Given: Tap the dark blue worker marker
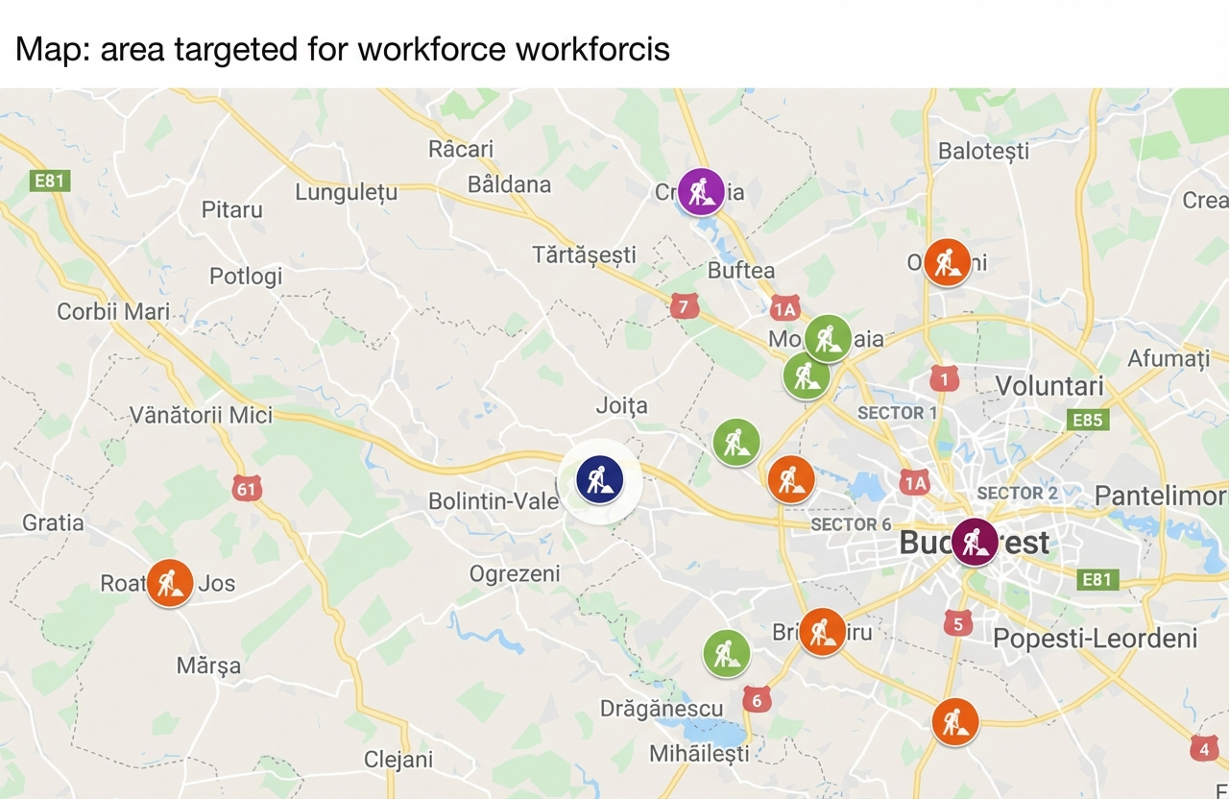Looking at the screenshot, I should pyautogui.click(x=600, y=478).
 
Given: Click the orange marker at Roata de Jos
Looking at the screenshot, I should pyautogui.click(x=170, y=583).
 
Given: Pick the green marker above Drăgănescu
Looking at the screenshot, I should pyautogui.click(x=727, y=653).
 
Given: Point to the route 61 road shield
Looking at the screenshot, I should pyautogui.click(x=247, y=488).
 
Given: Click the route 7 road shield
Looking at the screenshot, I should pyautogui.click(x=684, y=307).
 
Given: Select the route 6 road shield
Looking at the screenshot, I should pyautogui.click(x=757, y=700).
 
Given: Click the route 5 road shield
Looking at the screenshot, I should pyautogui.click(x=956, y=624).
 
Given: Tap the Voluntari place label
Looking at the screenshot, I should pyautogui.click(x=1049, y=386).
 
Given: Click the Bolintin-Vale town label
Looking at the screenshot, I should pyautogui.click(x=493, y=501).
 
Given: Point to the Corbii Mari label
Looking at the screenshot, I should pyautogui.click(x=113, y=312).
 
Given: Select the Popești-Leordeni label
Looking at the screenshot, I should pyautogui.click(x=1095, y=639).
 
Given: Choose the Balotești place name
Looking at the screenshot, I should pyautogui.click(x=983, y=151).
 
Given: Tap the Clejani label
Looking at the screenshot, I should pyautogui.click(x=398, y=760).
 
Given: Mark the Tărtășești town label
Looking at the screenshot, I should pyautogui.click(x=584, y=254).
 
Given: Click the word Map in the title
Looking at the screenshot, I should pyautogui.click(x=49, y=49).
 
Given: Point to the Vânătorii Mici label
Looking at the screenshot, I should pyautogui.click(x=201, y=416).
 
